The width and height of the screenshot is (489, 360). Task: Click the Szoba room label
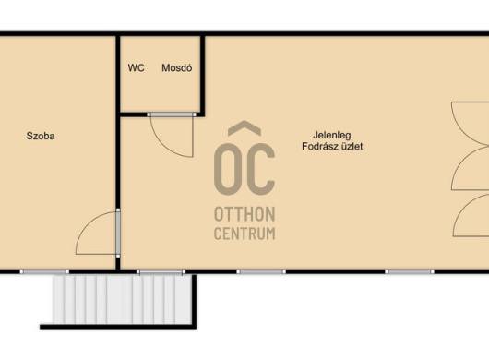41,136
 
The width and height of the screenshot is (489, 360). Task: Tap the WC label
136,67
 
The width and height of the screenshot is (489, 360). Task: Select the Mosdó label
176,67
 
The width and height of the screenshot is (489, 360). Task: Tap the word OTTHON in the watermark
244,214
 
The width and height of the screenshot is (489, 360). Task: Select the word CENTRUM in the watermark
244,234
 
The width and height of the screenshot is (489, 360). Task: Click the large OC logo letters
244,169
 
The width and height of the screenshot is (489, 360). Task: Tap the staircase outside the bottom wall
122,300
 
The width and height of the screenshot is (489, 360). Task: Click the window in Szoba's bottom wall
44,271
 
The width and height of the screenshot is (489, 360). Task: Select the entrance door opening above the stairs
161,272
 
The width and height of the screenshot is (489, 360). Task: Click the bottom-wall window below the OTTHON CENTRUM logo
261,271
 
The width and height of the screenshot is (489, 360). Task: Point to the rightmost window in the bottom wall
410,271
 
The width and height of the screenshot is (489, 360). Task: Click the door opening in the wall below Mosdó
172,114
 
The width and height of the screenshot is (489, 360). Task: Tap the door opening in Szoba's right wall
118,233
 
